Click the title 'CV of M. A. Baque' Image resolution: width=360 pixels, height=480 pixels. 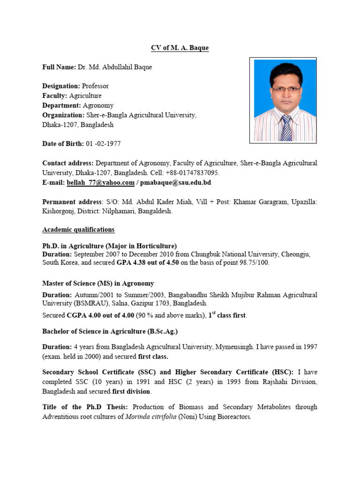pos(180,48)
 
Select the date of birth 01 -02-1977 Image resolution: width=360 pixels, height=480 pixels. pos(103,144)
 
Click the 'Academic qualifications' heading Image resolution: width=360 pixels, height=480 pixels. pos(78,230)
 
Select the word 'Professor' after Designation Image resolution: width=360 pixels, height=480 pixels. pos(95,86)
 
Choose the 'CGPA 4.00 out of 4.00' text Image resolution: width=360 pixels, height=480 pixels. pos(101,315)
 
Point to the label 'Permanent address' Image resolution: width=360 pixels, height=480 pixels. pos(72,202)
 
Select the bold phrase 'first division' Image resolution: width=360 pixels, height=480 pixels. pos(132,391)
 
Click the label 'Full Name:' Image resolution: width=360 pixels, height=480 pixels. pos(59,67)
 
